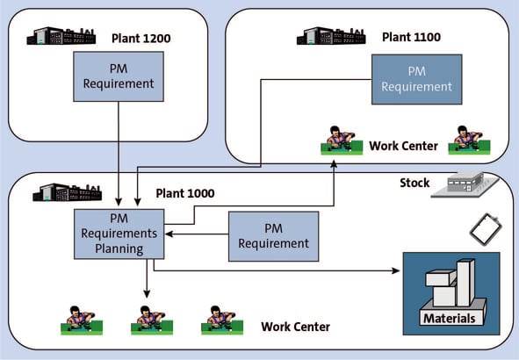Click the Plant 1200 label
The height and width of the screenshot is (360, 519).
point(141,38)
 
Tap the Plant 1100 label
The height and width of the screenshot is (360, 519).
point(412,37)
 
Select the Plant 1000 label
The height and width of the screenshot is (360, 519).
point(185,193)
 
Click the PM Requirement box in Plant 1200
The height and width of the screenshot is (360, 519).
point(119,76)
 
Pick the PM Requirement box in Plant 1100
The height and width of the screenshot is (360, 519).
point(417,79)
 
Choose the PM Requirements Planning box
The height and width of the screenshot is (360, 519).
point(119,234)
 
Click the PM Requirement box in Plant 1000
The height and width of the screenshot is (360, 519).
point(273,236)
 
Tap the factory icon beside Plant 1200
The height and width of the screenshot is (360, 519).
point(61,36)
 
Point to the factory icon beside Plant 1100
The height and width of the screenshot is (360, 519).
point(331,36)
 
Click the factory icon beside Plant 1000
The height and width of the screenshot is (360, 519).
point(68,192)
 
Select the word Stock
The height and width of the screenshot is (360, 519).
point(414,183)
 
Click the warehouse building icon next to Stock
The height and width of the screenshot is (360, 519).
point(465,184)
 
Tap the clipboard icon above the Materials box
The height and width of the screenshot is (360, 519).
point(486,229)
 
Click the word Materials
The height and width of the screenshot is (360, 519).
point(449,319)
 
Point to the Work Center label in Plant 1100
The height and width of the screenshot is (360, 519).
point(403,146)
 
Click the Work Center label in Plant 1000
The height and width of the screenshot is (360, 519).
point(295,327)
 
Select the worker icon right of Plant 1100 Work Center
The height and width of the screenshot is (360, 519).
point(469,140)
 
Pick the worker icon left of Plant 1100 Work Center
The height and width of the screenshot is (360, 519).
point(342,140)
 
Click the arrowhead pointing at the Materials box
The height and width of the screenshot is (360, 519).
point(396,270)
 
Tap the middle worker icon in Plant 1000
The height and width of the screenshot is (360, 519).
point(152,320)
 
